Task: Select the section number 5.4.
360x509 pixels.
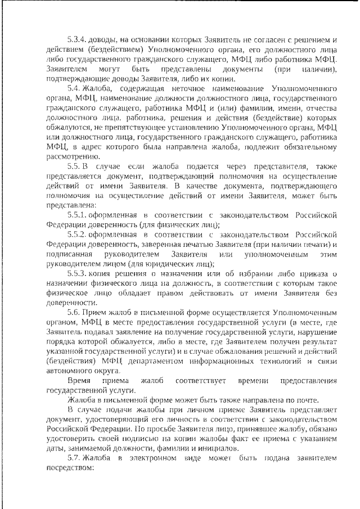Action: (x=74, y=88)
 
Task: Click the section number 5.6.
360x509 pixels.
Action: (x=74, y=312)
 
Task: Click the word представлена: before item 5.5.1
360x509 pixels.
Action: (x=71, y=205)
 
